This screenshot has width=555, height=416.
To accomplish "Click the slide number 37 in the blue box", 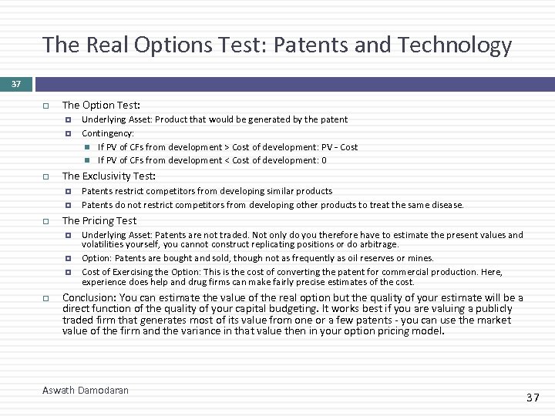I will [x=15, y=83].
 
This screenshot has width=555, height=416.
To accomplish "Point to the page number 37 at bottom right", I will [x=532, y=398].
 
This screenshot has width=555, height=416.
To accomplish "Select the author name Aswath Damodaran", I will [x=86, y=391].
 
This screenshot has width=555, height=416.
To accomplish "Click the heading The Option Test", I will [x=101, y=105].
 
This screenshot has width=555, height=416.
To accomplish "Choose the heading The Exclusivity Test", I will [x=109, y=176].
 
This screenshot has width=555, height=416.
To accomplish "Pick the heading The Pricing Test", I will [x=99, y=220].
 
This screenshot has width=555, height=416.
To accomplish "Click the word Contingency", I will [x=107, y=133].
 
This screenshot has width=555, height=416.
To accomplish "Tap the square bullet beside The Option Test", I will [x=46, y=105].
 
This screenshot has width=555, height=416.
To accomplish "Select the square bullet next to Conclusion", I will [x=46, y=298].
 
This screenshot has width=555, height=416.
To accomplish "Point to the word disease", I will [x=448, y=205].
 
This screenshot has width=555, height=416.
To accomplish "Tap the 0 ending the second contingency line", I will [x=324, y=160].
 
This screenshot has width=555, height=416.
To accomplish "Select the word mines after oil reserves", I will [x=421, y=258].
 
